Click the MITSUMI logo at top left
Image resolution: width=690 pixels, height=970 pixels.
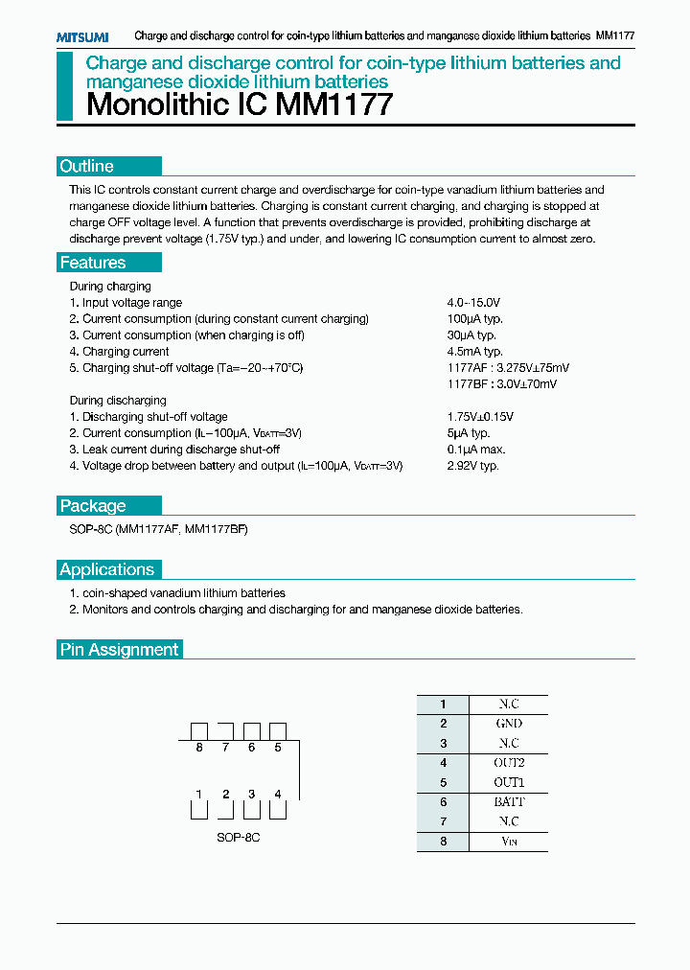point(81,36)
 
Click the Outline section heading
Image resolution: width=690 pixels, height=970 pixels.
point(87,166)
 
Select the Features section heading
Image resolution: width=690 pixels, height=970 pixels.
point(93,263)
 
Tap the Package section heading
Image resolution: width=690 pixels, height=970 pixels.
point(93,506)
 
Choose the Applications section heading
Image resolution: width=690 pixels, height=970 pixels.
point(106,569)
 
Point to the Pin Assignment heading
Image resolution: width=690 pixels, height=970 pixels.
point(120,650)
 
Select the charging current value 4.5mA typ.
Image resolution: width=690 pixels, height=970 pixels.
point(474,352)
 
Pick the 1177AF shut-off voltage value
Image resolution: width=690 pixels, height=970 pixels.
point(508,368)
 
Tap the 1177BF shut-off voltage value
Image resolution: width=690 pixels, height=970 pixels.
point(501,384)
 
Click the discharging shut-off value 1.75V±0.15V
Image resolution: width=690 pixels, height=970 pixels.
point(480,417)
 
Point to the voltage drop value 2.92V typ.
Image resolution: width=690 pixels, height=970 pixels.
point(472,466)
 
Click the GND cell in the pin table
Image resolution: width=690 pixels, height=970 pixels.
point(508,724)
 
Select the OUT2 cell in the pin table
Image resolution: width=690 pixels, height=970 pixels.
point(508,763)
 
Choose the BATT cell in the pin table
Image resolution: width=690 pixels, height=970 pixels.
point(508,802)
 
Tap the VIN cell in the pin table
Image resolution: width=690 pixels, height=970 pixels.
point(508,842)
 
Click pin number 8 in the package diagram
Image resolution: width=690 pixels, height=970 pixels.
point(199,748)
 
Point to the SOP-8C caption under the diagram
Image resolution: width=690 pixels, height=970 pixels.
point(238,838)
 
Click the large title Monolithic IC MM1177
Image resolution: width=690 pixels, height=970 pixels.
point(240,104)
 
